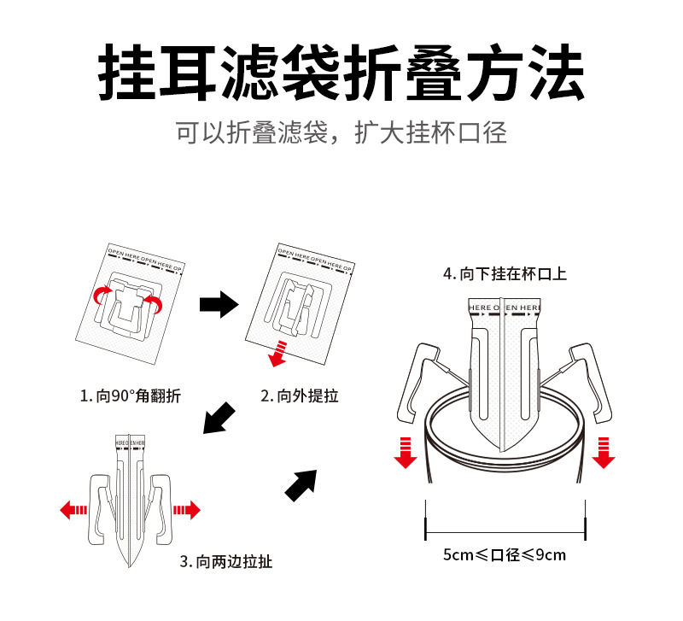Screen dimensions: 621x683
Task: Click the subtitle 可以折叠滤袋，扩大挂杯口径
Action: click(341, 133)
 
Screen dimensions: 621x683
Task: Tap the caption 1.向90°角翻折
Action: click(130, 396)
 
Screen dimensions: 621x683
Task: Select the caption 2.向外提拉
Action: click(300, 396)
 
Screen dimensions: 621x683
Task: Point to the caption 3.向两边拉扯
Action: click(227, 562)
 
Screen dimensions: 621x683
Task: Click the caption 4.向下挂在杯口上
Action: click(504, 274)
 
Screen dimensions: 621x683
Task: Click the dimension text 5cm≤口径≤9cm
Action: click(504, 554)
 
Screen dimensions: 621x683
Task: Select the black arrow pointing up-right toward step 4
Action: click(300, 485)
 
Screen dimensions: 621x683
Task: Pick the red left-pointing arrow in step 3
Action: click(74, 510)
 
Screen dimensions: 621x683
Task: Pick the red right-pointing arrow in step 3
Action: click(186, 510)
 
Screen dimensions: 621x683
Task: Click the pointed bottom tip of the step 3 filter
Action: click(130, 563)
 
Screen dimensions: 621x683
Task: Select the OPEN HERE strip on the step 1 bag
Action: click(145, 261)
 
